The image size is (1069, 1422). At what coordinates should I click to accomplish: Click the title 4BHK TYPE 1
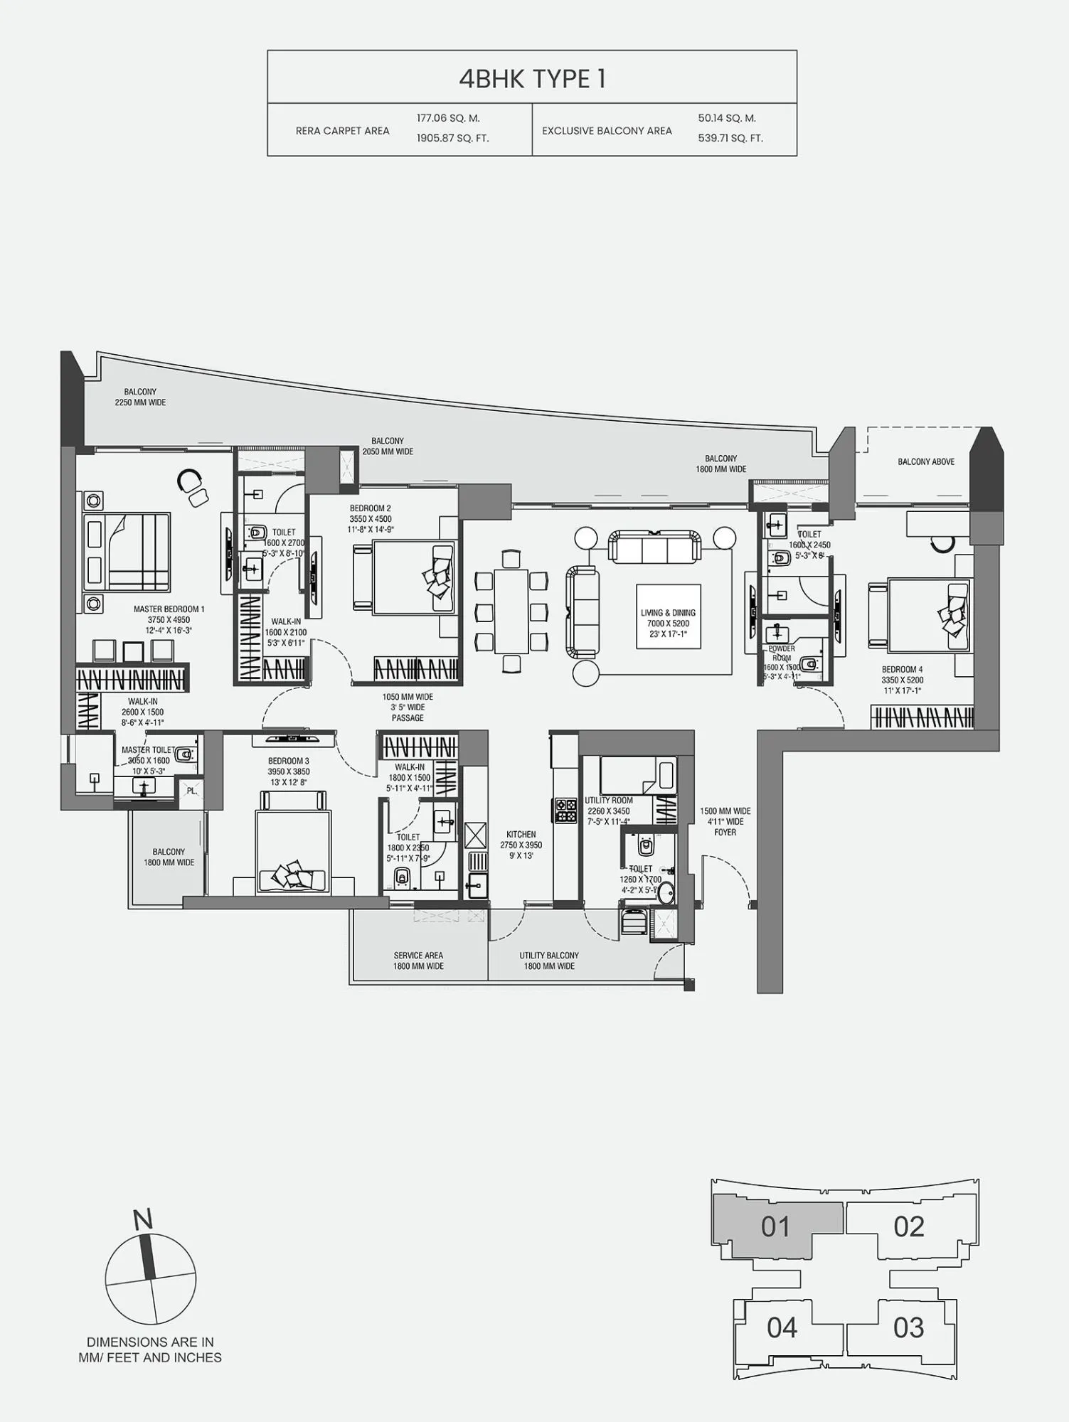point(532,79)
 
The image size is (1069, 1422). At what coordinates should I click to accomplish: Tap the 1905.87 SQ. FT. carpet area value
point(452,138)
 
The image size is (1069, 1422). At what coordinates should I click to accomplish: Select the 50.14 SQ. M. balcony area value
point(726,118)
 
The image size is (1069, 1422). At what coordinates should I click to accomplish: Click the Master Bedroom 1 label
point(169,609)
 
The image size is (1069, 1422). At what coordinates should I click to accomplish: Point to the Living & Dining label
point(668,613)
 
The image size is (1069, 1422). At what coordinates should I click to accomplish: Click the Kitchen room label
point(521,835)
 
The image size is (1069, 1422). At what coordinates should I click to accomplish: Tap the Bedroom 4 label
point(902,670)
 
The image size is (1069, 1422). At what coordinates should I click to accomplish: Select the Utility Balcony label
point(549,956)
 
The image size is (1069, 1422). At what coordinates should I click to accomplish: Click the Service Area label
point(418,956)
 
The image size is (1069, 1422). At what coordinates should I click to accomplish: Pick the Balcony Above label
point(925,462)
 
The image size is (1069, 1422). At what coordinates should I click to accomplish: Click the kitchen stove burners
point(566,811)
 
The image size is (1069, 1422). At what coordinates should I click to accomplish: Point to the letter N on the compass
point(143,1219)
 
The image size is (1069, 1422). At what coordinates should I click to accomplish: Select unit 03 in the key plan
point(908,1327)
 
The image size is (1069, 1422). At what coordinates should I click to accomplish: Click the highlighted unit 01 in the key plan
point(775,1226)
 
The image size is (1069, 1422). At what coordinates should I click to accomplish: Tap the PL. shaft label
point(191,791)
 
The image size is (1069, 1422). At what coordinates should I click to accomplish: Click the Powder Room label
point(781,653)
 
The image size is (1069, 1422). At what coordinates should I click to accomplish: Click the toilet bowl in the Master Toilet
point(185,754)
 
